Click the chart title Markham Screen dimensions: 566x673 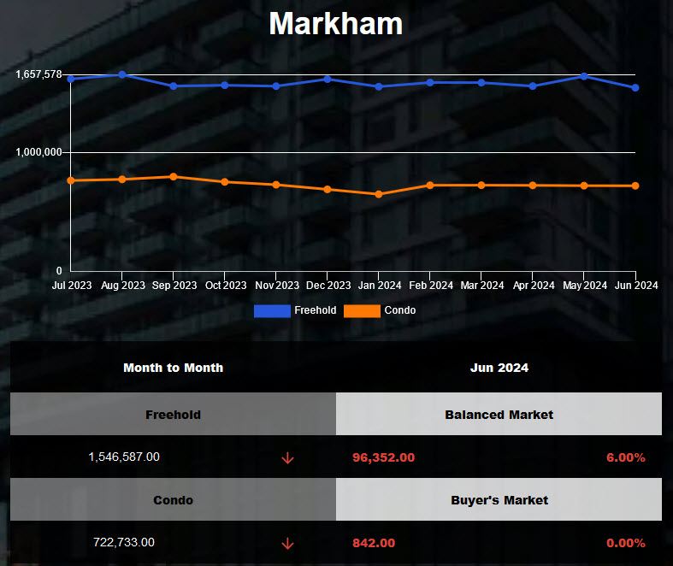pyautogui.click(x=335, y=23)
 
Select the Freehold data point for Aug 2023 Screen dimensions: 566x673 pyautogui.click(x=122, y=74)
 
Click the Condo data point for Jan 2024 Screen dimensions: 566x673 pyautogui.click(x=379, y=194)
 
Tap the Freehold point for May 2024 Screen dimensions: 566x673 pyautogui.click(x=584, y=76)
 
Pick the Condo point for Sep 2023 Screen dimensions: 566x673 pyautogui.click(x=174, y=177)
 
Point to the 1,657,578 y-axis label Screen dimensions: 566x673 pyautogui.click(x=38, y=74)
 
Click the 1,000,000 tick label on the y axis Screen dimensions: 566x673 pyautogui.click(x=38, y=152)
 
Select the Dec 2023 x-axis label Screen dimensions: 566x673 pyautogui.click(x=328, y=286)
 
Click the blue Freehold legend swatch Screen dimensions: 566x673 pyautogui.click(x=272, y=310)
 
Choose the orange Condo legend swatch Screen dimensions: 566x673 pyautogui.click(x=362, y=310)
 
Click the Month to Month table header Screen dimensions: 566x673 pyautogui.click(x=173, y=368)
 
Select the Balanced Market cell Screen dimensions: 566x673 pyautogui.click(x=499, y=415)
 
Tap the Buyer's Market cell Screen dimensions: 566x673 pyautogui.click(x=499, y=500)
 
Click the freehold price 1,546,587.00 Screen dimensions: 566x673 pyautogui.click(x=124, y=457)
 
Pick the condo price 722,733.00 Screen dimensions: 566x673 pyautogui.click(x=124, y=542)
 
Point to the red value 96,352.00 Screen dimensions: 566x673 pyautogui.click(x=383, y=457)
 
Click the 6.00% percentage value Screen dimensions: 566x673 pyautogui.click(x=625, y=457)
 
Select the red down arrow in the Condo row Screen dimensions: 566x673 pyautogui.click(x=287, y=543)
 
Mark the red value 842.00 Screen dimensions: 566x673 pyautogui.click(x=374, y=543)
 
